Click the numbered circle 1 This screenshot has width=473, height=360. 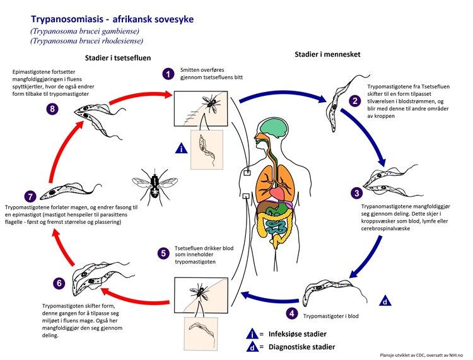coord(168,74)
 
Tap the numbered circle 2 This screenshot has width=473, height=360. coord(355,100)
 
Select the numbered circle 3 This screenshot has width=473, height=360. coord(357,193)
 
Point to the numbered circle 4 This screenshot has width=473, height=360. coord(291,312)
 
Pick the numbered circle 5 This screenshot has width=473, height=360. coord(163,254)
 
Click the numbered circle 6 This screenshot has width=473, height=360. coord(59,283)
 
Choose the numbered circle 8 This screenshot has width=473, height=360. coord(53,109)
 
